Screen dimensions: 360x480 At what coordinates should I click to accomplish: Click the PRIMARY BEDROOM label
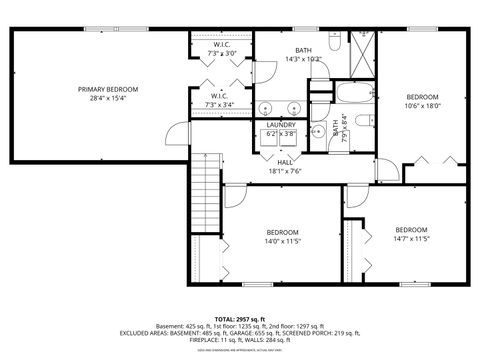[x=108, y=89]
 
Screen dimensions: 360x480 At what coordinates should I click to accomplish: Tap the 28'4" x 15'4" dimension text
[x=108, y=98]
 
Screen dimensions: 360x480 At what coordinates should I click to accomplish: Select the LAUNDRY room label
[x=281, y=125]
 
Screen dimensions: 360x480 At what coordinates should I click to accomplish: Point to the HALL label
[x=284, y=161]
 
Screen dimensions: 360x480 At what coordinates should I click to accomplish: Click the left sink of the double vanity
[x=266, y=107]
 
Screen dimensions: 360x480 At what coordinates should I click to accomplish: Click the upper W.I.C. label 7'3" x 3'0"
[x=221, y=52]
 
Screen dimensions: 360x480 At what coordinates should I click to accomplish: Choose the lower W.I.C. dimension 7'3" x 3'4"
[x=221, y=103]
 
